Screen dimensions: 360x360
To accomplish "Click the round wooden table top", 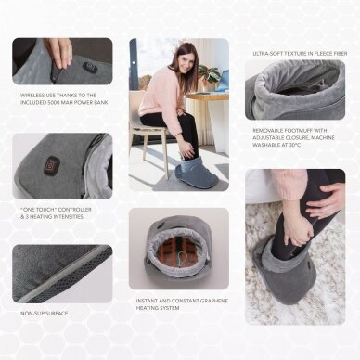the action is coord(208,96).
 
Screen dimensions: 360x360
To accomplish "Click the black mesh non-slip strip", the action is coord(67,276).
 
